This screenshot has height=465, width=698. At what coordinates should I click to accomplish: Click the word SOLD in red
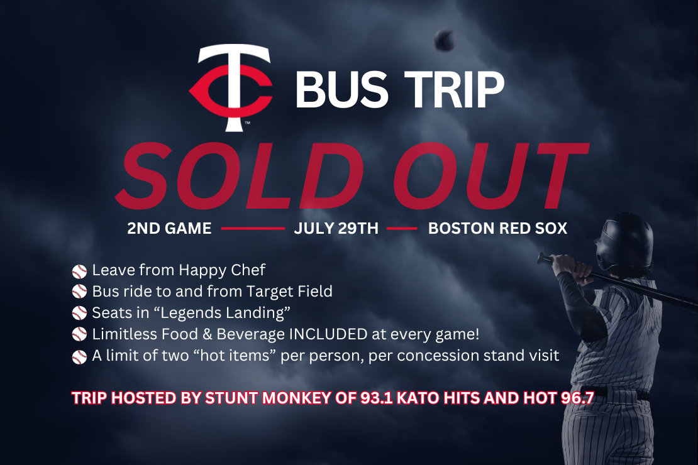[240, 176]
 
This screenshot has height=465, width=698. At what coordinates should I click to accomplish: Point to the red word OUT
[490, 176]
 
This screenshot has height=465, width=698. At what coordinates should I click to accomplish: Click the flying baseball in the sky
[444, 40]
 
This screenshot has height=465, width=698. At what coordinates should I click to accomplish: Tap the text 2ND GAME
[169, 228]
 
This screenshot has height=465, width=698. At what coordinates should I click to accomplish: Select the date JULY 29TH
[336, 228]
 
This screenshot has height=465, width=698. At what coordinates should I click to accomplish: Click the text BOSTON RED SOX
[497, 228]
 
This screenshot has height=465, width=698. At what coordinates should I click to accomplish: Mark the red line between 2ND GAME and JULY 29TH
[253, 229]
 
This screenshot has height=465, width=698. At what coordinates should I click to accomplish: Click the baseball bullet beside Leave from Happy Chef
[79, 271]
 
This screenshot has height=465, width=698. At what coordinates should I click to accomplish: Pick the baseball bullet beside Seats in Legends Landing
[79, 314]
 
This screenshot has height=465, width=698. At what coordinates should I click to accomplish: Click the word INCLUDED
[328, 334]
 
